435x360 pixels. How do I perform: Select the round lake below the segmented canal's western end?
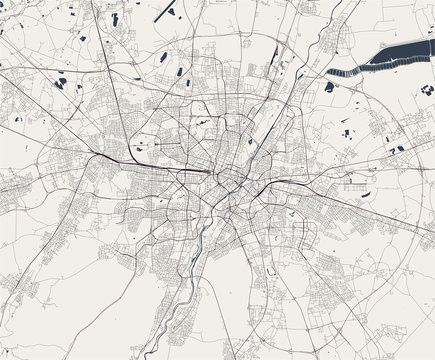pyautogui.click(x=329, y=87)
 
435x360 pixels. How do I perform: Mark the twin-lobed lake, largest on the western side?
pyautogui.click(x=62, y=83)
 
